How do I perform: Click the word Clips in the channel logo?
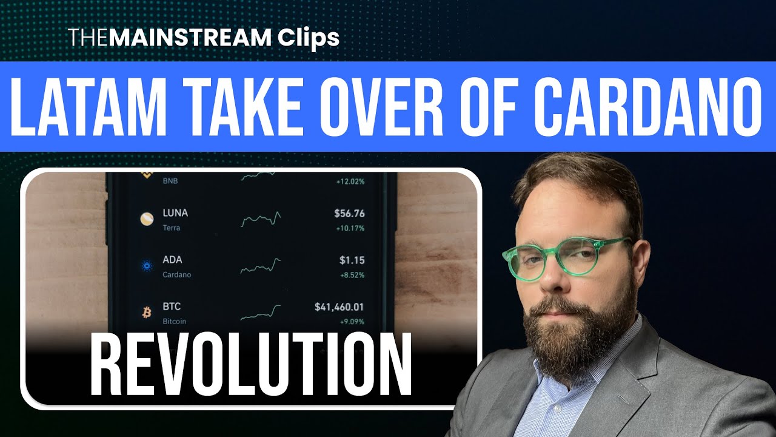click(309, 38)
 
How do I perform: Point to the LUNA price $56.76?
click(349, 213)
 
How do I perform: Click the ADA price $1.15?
click(352, 260)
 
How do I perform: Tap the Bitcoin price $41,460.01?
click(339, 307)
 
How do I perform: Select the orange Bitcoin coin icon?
click(146, 313)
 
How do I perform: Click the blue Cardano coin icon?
click(147, 266)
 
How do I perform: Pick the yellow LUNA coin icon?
click(147, 219)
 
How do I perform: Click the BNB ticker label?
click(170, 181)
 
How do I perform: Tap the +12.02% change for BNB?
click(350, 181)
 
